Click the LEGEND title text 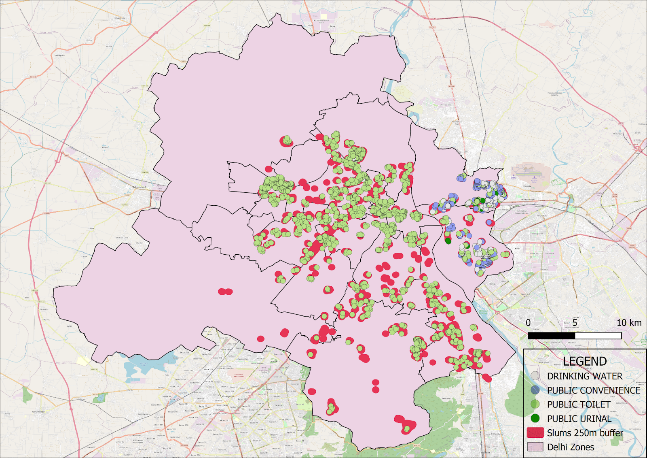click(x=585, y=361)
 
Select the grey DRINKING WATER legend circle click(x=535, y=376)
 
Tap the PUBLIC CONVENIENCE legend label click(x=593, y=390)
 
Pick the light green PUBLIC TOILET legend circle click(x=535, y=404)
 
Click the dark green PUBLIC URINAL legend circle click(x=535, y=418)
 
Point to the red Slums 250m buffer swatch click(x=535, y=432)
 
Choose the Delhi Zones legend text click(x=571, y=447)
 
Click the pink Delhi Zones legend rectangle click(x=535, y=447)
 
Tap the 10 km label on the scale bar click(x=629, y=323)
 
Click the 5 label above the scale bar click(x=575, y=323)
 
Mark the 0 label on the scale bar click(x=528, y=323)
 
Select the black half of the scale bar click(x=551, y=336)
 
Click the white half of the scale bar click(x=598, y=336)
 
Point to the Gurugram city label click(x=228, y=396)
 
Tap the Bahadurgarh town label click(x=139, y=187)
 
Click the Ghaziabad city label click(x=576, y=207)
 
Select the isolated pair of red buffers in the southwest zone click(x=225, y=292)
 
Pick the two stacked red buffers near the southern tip click(x=376, y=386)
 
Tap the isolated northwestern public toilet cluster click(x=287, y=141)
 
